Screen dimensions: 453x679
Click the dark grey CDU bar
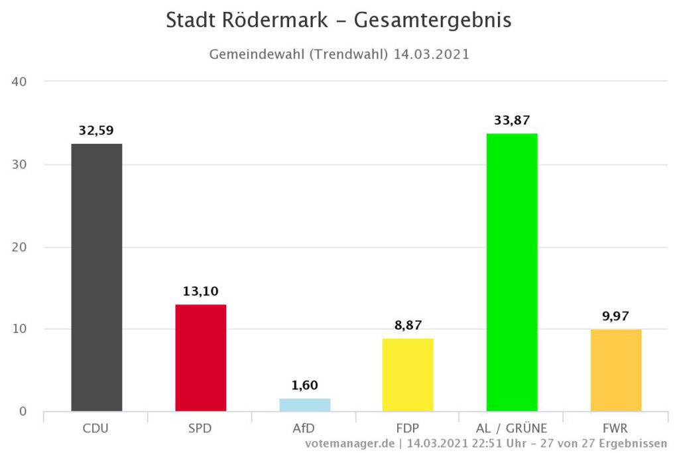tap(97, 277)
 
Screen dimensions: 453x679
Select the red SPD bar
tap(200, 357)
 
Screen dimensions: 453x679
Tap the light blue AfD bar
tap(304, 405)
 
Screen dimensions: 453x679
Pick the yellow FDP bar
tap(408, 375)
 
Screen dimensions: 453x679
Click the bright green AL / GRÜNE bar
tap(512, 272)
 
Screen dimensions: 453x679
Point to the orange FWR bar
tap(615, 370)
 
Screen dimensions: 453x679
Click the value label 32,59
tap(97, 130)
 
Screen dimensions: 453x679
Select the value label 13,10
tap(200, 291)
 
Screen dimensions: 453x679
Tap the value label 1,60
tap(304, 385)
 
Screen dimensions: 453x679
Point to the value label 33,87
tap(512, 120)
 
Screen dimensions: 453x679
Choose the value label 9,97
tap(615, 316)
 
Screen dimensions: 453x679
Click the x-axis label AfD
tap(304, 428)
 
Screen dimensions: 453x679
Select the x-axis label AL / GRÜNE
tap(511, 428)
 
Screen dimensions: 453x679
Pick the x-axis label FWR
tap(615, 428)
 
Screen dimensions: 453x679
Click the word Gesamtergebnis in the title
tap(432, 21)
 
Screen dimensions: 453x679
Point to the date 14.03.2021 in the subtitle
tap(431, 54)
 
